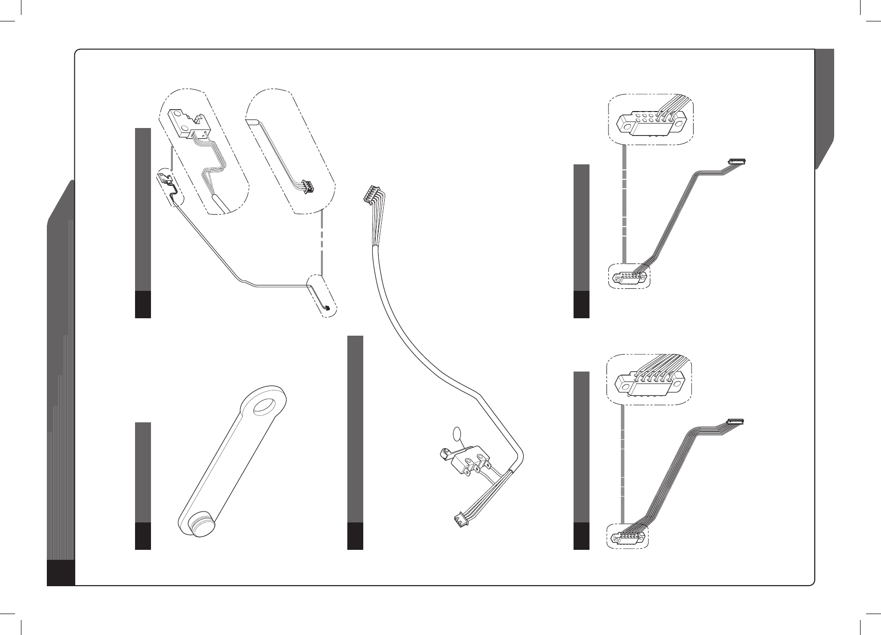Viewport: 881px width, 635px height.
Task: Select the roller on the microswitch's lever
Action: (x=442, y=454)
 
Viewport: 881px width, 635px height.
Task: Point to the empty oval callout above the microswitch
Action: (x=457, y=434)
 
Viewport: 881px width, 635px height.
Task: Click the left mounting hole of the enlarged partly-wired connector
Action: (x=624, y=121)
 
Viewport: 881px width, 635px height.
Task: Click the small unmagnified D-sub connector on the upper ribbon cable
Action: (x=629, y=277)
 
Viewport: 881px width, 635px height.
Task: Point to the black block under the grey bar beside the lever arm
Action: (x=143, y=536)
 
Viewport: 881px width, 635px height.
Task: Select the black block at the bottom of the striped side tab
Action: (x=61, y=573)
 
